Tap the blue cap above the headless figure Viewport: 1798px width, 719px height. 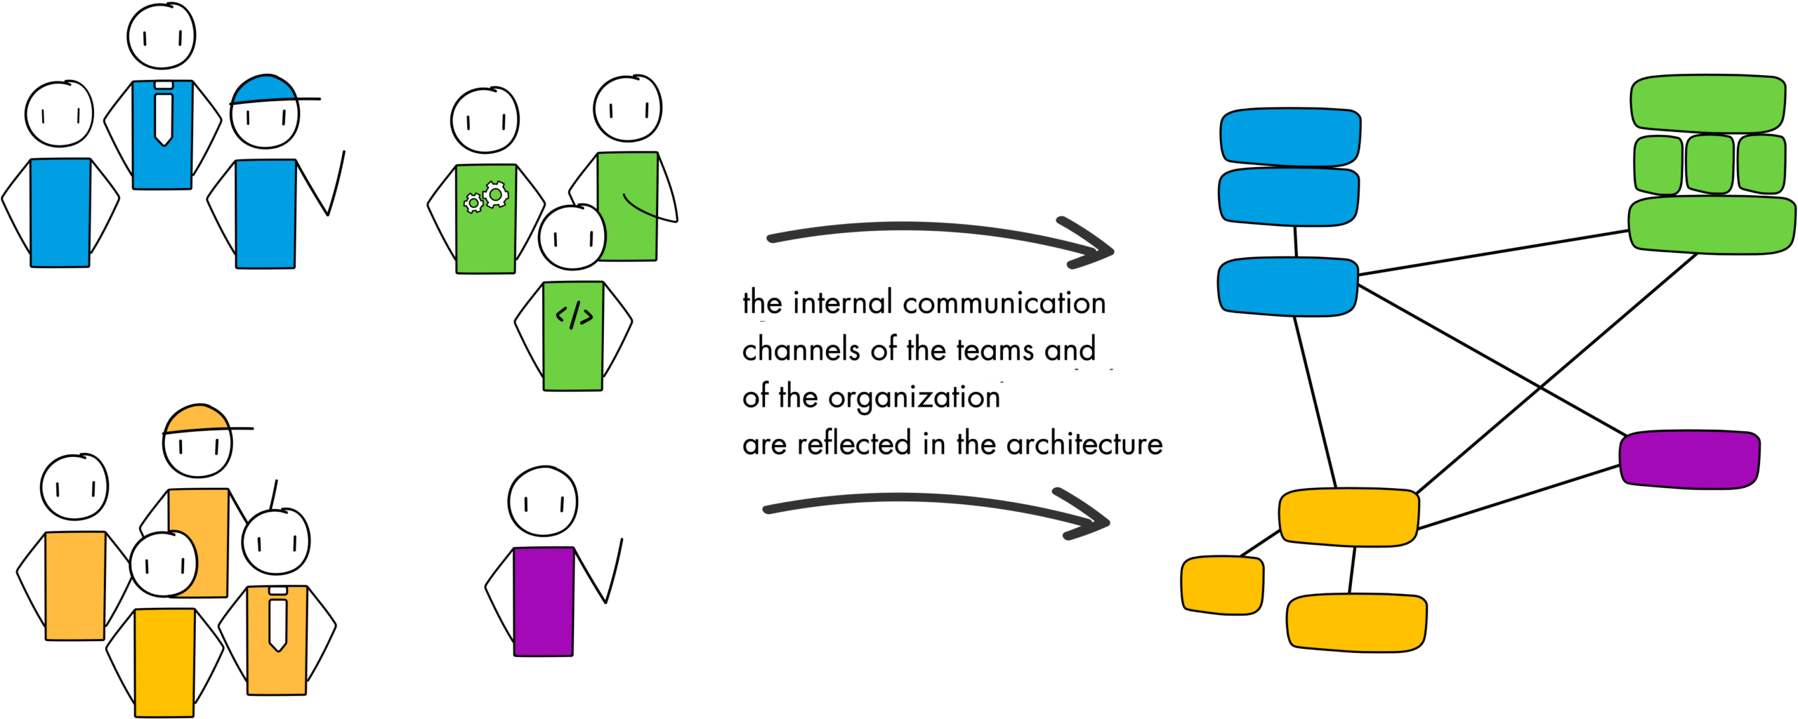click(x=263, y=90)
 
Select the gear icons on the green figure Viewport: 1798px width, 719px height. click(x=486, y=197)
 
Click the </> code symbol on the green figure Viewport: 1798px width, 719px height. click(x=574, y=315)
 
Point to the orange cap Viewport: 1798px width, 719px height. click(x=197, y=418)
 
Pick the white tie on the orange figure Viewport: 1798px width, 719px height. click(x=277, y=621)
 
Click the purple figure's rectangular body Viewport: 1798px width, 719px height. click(x=544, y=602)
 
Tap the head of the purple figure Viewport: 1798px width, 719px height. click(x=543, y=502)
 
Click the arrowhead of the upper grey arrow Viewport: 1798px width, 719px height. click(x=1092, y=246)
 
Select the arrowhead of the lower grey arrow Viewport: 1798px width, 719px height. click(x=1089, y=517)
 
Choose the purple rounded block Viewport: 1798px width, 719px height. click(x=1689, y=460)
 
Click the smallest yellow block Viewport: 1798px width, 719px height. click(x=1222, y=585)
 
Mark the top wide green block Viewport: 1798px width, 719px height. click(x=1708, y=103)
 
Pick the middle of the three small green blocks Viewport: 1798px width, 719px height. click(x=1710, y=164)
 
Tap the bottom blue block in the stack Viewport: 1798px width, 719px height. click(x=1287, y=286)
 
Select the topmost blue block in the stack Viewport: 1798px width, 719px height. click(x=1290, y=138)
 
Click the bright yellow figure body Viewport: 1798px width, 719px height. click(x=164, y=662)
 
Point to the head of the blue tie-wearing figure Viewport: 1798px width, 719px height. click(x=162, y=37)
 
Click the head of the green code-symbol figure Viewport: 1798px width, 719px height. click(x=572, y=238)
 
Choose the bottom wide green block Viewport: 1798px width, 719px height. click(x=1712, y=225)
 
